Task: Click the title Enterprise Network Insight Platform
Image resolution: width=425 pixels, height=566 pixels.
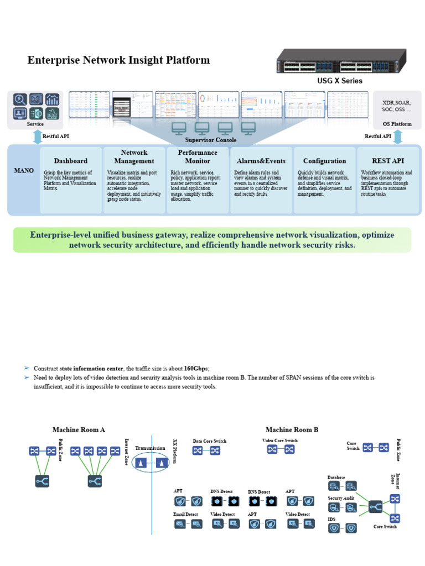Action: (118, 60)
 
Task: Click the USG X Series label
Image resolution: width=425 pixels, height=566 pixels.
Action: (340, 81)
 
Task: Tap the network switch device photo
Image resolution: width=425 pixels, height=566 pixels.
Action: (341, 61)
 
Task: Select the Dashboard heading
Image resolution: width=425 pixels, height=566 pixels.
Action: (70, 161)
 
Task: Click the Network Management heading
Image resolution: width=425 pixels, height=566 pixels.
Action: (134, 156)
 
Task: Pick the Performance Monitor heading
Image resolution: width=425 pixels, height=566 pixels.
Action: (198, 156)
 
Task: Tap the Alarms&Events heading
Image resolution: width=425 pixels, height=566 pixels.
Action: (261, 161)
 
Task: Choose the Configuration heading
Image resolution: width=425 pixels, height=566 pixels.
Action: (324, 161)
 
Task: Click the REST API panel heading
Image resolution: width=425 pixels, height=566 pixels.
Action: (387, 161)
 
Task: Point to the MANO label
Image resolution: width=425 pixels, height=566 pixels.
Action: (24, 171)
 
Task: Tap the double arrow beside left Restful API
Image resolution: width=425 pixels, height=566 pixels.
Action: (37, 137)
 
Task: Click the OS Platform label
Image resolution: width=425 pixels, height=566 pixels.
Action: (397, 124)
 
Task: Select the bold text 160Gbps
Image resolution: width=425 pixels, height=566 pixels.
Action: (196, 368)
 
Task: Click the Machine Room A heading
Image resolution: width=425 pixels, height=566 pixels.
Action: (79, 429)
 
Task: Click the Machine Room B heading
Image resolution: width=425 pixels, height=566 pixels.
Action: (292, 429)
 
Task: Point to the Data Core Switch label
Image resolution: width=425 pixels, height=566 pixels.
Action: (209, 441)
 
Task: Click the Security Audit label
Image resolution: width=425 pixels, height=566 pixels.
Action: (341, 498)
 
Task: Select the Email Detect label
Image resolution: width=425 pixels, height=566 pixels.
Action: (185, 515)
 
